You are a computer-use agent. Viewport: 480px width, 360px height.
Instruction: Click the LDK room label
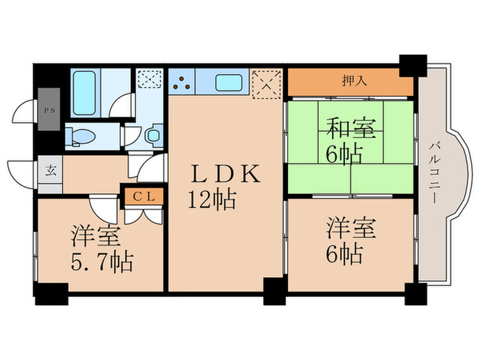[x=225, y=174]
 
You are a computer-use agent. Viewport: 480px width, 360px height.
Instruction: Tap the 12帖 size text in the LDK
[x=213, y=200]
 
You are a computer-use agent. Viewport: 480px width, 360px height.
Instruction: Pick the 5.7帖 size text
[x=101, y=261]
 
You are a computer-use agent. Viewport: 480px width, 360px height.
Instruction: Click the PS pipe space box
[x=49, y=110]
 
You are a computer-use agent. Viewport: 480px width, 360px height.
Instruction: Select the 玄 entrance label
[x=51, y=169]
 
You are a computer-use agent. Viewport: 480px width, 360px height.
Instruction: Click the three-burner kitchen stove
[x=182, y=84]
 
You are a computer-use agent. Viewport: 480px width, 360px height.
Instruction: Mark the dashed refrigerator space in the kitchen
[x=267, y=85]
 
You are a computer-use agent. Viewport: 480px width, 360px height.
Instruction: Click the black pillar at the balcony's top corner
[x=413, y=64]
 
